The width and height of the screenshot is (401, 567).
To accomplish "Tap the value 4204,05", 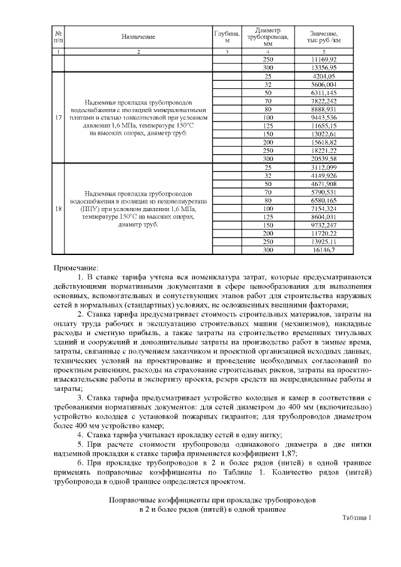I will [x=323, y=76].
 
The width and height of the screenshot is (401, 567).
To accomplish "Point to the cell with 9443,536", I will [x=323, y=118].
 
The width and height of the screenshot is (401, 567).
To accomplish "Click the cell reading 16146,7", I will [x=323, y=249].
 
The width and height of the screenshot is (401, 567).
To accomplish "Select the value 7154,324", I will [x=323, y=208].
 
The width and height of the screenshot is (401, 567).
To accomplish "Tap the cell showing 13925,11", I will [x=323, y=241].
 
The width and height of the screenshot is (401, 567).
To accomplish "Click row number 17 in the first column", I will [x=58, y=118].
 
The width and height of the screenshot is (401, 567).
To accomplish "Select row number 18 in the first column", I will [x=58, y=209].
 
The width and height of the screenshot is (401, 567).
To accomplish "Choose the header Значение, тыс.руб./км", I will [x=323, y=37].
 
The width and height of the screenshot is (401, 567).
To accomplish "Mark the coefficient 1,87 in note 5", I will [x=286, y=453].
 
